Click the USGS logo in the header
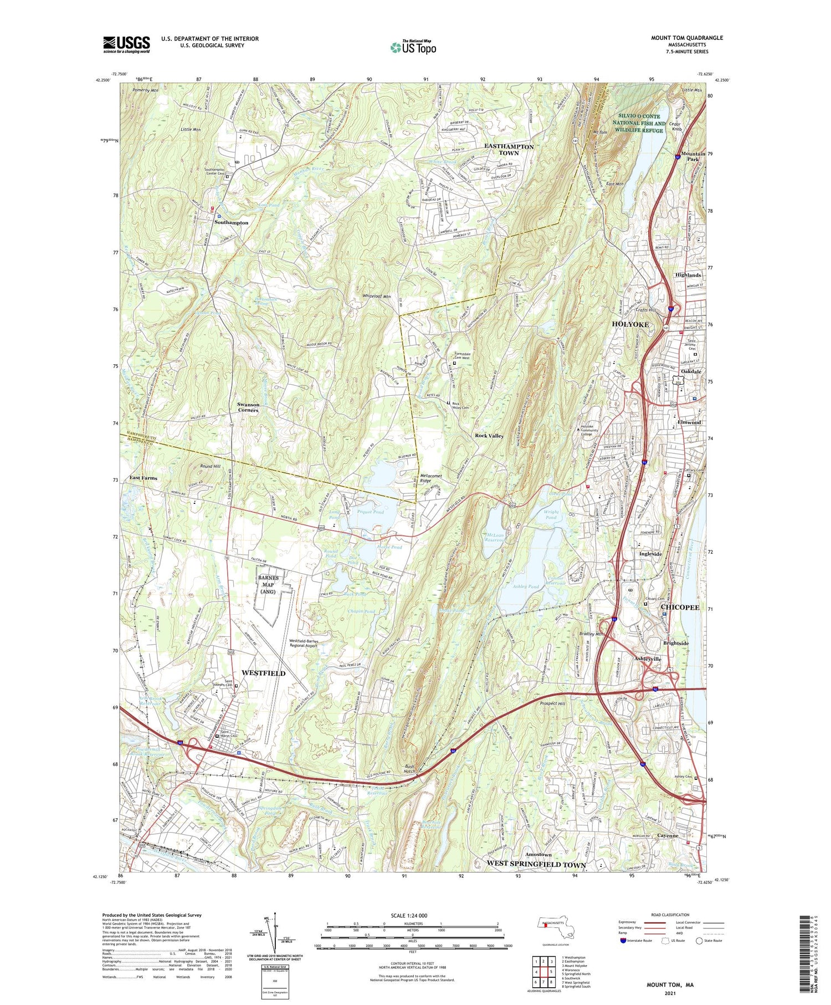point(126,44)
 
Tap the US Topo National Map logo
point(413,47)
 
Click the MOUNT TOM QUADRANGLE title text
point(687,38)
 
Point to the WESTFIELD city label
point(263,673)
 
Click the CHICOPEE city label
point(680,608)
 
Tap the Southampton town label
point(231,222)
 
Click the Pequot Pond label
point(371,512)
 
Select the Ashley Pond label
point(525,586)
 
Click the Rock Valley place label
point(489,436)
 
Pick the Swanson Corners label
point(248,407)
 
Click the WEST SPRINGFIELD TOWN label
point(536,864)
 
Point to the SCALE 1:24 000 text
point(412,915)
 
